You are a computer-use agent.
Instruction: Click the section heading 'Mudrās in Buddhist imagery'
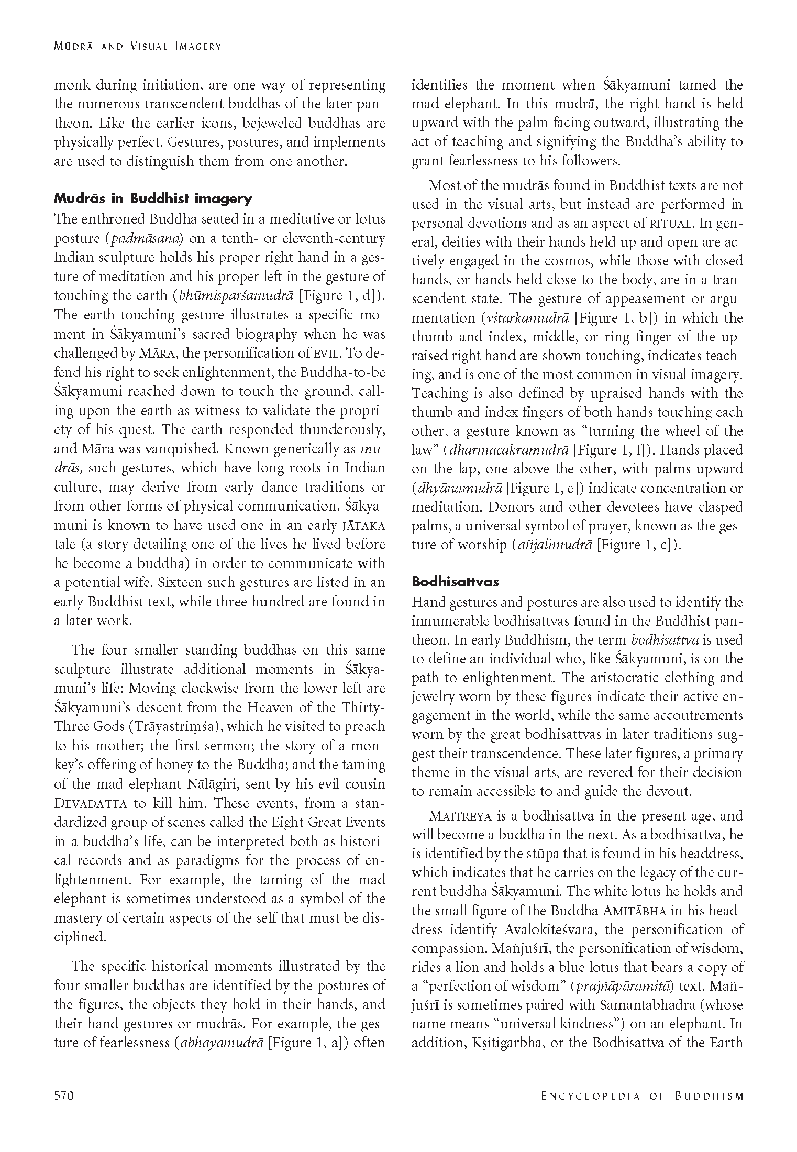tap(153, 198)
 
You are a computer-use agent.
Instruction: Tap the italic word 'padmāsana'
tap(145, 239)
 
